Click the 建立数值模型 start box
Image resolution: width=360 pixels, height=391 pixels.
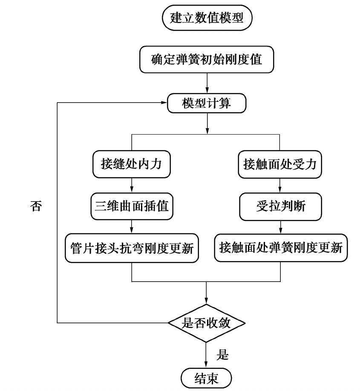coord(207,18)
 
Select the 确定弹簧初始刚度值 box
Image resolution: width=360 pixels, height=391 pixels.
coord(207,60)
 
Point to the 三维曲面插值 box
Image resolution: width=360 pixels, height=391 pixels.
coord(132,206)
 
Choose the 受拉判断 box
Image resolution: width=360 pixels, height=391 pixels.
coord(280,206)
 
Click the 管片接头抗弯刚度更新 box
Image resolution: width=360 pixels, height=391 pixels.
coord(132,247)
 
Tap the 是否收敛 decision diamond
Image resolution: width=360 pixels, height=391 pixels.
coord(207,323)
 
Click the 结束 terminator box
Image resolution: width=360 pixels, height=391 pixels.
coord(207,377)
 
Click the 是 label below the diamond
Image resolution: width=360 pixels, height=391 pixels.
coord(223,354)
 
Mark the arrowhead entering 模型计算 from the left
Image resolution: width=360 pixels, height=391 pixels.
coord(164,103)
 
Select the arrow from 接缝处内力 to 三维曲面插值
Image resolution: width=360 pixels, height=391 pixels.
coord(132,185)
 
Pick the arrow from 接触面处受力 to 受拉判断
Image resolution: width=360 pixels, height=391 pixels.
coord(280,185)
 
